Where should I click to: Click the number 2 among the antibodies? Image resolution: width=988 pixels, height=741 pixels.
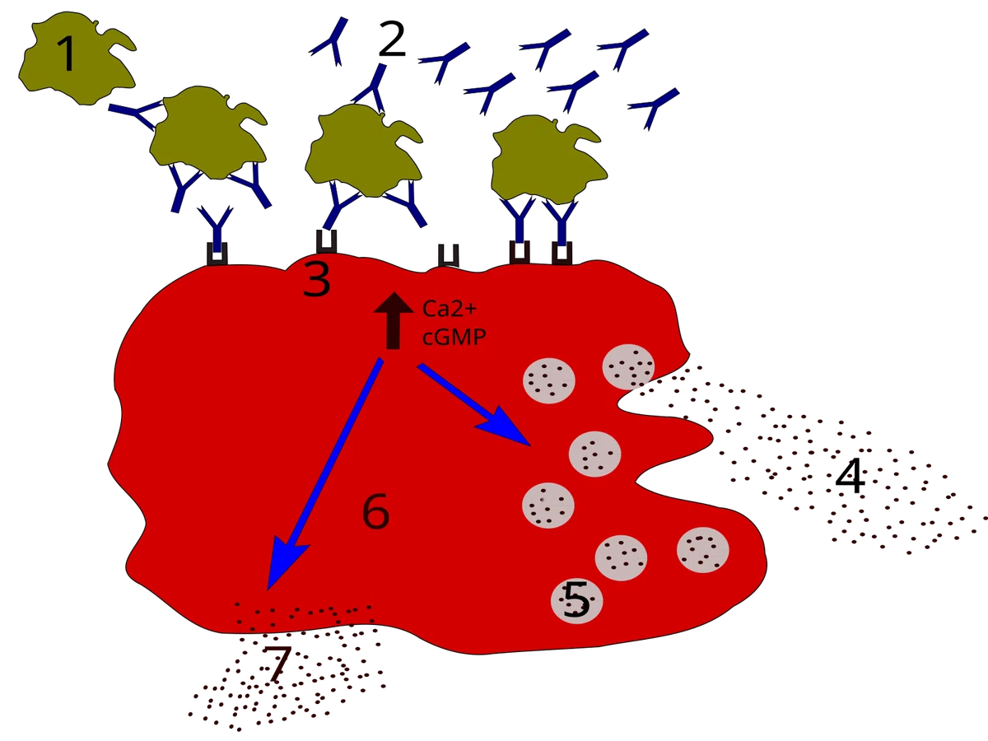392,40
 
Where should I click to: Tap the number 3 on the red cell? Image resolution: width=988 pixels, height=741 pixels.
317,279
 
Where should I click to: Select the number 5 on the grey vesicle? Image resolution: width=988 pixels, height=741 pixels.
576,599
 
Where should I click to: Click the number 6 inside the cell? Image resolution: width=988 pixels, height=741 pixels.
375,510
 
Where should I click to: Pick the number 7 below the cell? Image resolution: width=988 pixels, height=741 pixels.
276,664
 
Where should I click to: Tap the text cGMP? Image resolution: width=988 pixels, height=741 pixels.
454,337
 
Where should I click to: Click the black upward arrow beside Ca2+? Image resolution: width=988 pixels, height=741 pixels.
394,320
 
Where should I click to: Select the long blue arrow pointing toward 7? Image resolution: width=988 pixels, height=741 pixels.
325,473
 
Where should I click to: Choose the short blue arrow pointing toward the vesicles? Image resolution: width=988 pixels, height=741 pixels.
475,404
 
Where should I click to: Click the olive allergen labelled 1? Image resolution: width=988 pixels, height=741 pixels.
77,58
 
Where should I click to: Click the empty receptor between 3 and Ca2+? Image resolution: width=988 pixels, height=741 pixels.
449,255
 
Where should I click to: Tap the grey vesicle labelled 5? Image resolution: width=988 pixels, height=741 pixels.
576,600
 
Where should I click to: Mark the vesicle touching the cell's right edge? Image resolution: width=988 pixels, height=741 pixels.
628,366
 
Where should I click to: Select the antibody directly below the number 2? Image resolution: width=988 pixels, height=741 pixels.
370,88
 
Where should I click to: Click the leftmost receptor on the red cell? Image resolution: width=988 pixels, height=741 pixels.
217,254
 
